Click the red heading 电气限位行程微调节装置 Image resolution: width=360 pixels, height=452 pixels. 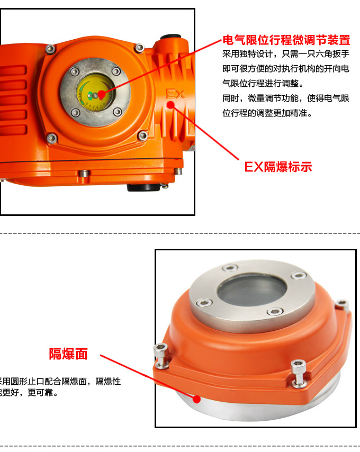[286, 40]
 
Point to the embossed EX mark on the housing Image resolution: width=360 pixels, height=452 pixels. [175, 94]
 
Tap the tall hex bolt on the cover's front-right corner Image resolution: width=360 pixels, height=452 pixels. [298, 373]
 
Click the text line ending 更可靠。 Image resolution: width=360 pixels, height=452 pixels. [29, 393]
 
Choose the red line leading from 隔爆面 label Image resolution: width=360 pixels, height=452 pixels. [148, 377]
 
